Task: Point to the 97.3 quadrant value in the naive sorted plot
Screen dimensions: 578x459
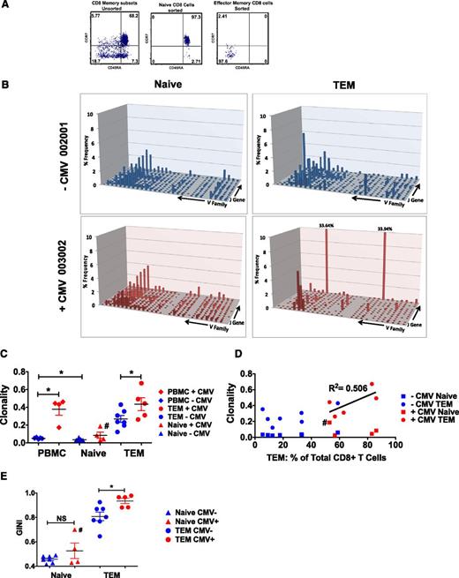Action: pos(191,19)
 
